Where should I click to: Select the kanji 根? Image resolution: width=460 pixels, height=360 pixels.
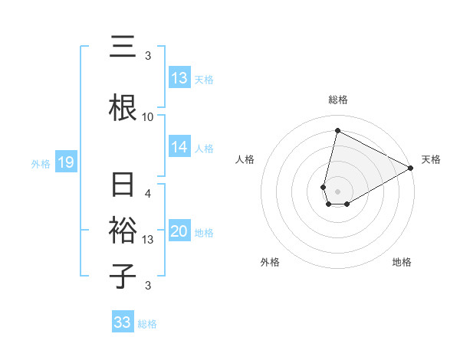pyautogui.click(x=123, y=108)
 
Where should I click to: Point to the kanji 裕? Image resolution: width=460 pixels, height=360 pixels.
pyautogui.click(x=123, y=231)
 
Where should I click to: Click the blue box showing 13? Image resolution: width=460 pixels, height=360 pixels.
pyautogui.click(x=179, y=78)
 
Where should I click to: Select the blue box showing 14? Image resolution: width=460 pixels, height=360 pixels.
pyautogui.click(x=179, y=147)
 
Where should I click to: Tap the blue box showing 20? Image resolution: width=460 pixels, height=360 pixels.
pyautogui.click(x=179, y=232)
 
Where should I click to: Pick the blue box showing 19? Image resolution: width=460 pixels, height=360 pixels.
pyautogui.click(x=65, y=162)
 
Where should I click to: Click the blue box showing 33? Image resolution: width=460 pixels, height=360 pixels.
pyautogui.click(x=123, y=322)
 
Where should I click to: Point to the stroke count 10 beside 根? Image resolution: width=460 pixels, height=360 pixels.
pyautogui.click(x=148, y=117)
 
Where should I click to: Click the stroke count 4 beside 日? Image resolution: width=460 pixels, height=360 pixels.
pyautogui.click(x=148, y=193)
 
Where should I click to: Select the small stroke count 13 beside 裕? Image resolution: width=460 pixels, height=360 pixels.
pyautogui.click(x=148, y=239)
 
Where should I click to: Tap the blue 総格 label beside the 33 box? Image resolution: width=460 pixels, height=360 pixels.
pyautogui.click(x=147, y=324)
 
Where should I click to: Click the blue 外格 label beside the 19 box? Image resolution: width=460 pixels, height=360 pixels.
pyautogui.click(x=41, y=163)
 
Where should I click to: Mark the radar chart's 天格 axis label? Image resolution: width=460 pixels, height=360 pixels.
pyautogui.click(x=431, y=159)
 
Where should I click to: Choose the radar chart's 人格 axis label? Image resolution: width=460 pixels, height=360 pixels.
pyautogui.click(x=245, y=159)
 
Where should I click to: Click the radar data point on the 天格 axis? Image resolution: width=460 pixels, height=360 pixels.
pyautogui.click(x=411, y=168)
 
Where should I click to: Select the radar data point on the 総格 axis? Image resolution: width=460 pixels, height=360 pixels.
pyautogui.click(x=337, y=130)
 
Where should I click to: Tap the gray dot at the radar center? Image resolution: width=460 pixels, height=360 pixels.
pyautogui.click(x=337, y=191)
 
